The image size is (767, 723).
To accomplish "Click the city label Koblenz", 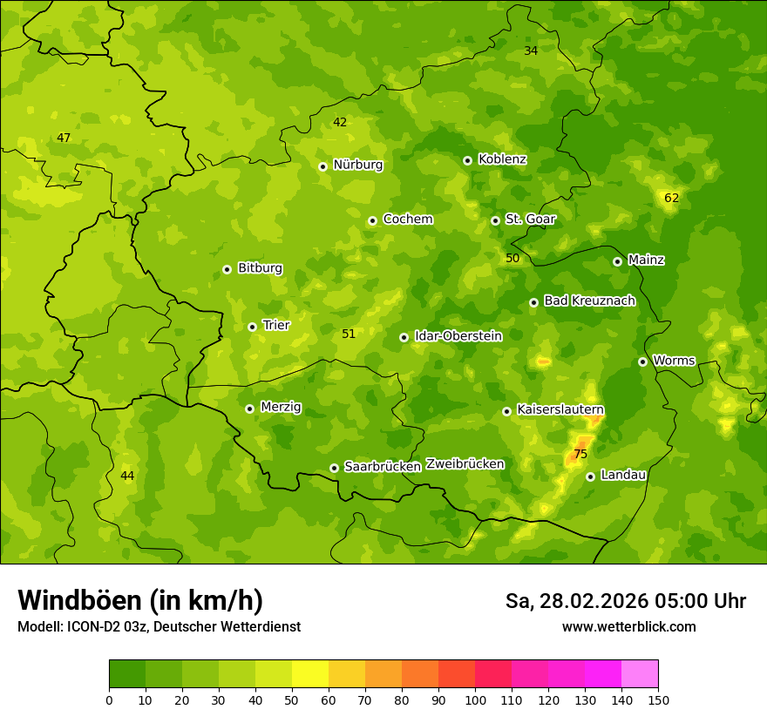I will pyautogui.click(x=502, y=159).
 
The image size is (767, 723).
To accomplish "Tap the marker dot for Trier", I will pyautogui.click(x=252, y=327).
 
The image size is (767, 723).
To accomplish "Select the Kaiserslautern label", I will pyautogui.click(x=560, y=409).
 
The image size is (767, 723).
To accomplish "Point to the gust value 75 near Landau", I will pyautogui.click(x=580, y=454).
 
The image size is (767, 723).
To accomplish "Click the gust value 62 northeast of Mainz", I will pyautogui.click(x=671, y=198).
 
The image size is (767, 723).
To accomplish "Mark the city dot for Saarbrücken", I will pyautogui.click(x=334, y=468).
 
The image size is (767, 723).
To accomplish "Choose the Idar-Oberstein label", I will pyautogui.click(x=458, y=336).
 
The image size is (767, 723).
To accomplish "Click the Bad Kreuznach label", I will pyautogui.click(x=589, y=301).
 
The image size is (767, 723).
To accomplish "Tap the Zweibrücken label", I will pyautogui.click(x=465, y=464).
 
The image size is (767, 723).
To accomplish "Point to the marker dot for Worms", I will pyautogui.click(x=642, y=361).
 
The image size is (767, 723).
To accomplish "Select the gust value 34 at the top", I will pyautogui.click(x=531, y=51).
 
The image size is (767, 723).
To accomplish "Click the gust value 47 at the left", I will pyautogui.click(x=64, y=138).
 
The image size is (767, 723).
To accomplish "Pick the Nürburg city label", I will pyautogui.click(x=357, y=165).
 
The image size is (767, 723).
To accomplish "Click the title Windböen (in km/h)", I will pyautogui.click(x=140, y=600).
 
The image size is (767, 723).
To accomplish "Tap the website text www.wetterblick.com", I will pyautogui.click(x=628, y=626).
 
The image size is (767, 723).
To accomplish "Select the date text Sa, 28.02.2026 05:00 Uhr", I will pyautogui.click(x=625, y=601).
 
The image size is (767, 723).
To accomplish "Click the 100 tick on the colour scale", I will pyautogui.click(x=475, y=699).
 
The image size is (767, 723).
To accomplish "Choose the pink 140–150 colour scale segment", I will pyautogui.click(x=640, y=674).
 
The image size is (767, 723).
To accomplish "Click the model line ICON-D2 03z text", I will pyautogui.click(x=159, y=626).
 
